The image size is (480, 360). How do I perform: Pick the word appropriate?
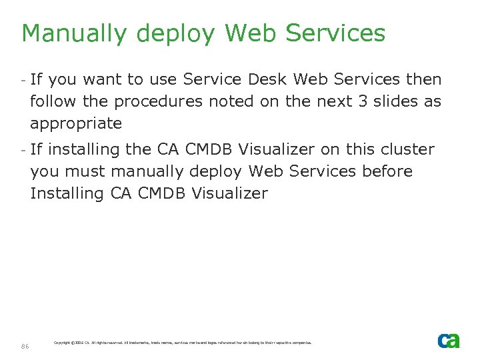pyautogui.click(x=76, y=124)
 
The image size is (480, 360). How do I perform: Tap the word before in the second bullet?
pyautogui.click(x=387, y=171)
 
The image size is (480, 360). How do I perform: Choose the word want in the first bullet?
pyautogui.click(x=102, y=80)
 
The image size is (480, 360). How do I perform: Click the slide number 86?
pyautogui.click(x=25, y=345)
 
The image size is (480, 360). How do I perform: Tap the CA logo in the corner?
pyautogui.click(x=449, y=341)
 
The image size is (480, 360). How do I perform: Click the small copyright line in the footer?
pyautogui.click(x=182, y=343)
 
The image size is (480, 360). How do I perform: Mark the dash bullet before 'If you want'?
pyautogui.click(x=23, y=80)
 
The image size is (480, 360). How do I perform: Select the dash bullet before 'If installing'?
pyautogui.click(x=23, y=149)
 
